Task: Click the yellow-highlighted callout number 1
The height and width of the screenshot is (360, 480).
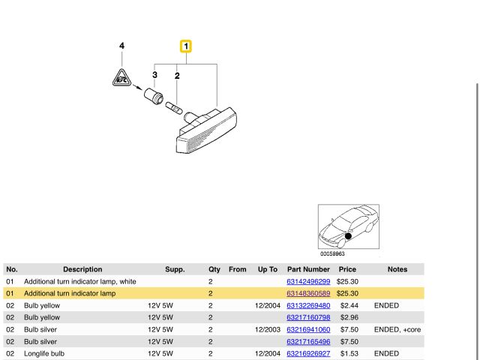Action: tap(186, 46)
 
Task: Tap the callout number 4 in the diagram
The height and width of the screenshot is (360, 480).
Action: tap(121, 46)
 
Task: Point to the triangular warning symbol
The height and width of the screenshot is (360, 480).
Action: tap(121, 78)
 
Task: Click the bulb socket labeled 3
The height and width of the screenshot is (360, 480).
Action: tap(154, 95)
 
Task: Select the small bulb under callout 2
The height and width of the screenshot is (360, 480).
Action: tap(174, 108)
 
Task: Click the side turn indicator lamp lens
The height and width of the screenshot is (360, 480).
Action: tap(207, 130)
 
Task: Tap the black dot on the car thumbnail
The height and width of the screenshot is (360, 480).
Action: tap(348, 236)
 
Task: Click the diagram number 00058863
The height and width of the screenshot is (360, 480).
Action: tap(332, 253)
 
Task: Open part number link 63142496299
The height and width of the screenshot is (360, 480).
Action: tap(308, 282)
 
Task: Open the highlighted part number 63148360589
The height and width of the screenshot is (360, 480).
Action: tap(308, 293)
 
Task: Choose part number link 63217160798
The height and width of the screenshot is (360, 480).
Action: tap(308, 317)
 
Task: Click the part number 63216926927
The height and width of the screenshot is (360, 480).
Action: tap(308, 353)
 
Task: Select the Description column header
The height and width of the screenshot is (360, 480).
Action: tap(82, 269)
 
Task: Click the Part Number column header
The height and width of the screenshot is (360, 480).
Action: tap(308, 269)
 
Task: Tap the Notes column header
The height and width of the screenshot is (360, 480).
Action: tap(397, 269)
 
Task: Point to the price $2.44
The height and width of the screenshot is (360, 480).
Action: tap(349, 305)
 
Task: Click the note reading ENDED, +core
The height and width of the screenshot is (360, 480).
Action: tap(397, 330)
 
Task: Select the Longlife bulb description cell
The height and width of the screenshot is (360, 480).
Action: tap(44, 353)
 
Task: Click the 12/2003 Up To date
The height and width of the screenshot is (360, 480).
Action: tap(268, 330)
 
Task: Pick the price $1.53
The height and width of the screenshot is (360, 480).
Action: tap(349, 353)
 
